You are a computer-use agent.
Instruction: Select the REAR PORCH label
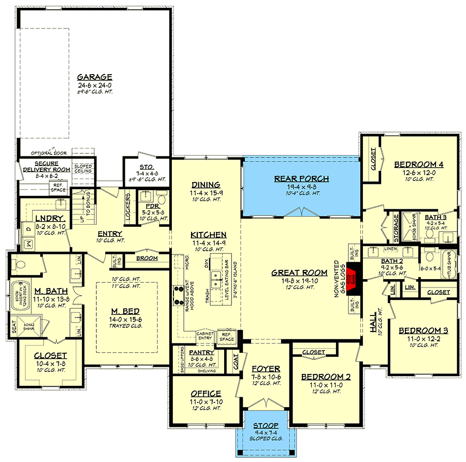301,179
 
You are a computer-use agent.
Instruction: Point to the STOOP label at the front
265,426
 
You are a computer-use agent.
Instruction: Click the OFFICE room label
206,394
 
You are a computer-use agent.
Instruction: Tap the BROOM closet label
147,258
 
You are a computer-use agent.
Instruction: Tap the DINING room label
206,185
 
